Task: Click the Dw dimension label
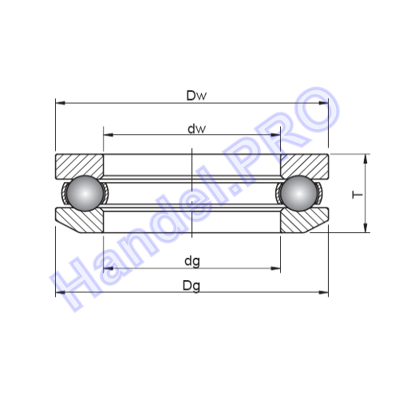[196, 96]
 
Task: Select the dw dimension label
[196, 128]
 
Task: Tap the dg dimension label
[192, 262]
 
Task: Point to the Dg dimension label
[192, 286]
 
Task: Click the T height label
[358, 195]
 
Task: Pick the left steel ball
[85, 193]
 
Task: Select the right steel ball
[299, 193]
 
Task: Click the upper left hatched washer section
[79, 165]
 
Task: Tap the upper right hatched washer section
[305, 165]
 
